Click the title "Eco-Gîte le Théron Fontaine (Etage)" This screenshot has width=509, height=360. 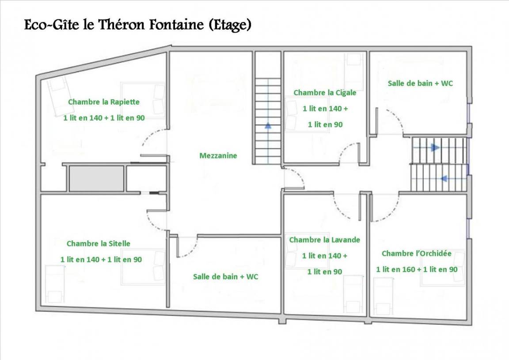click(x=138, y=25)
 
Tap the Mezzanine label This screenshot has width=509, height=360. click(x=218, y=155)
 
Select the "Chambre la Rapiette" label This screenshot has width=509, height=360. click(x=104, y=102)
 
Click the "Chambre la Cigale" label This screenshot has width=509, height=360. click(x=325, y=93)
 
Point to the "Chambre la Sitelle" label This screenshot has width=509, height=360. click(x=99, y=243)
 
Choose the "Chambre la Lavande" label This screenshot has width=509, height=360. click(x=325, y=240)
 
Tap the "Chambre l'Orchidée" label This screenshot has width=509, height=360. click(x=417, y=253)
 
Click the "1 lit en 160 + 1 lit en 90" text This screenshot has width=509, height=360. click(x=417, y=269)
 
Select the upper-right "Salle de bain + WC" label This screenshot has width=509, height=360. click(x=420, y=83)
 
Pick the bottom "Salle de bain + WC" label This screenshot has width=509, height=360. click(x=226, y=277)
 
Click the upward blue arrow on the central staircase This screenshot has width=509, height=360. click(x=268, y=125)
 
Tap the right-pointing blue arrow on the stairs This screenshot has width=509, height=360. click(x=435, y=148)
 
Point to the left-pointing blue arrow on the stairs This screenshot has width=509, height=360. click(x=444, y=178)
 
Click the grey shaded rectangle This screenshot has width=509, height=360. click(x=97, y=178)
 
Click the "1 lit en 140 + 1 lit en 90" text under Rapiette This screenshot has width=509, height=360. click(x=104, y=118)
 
